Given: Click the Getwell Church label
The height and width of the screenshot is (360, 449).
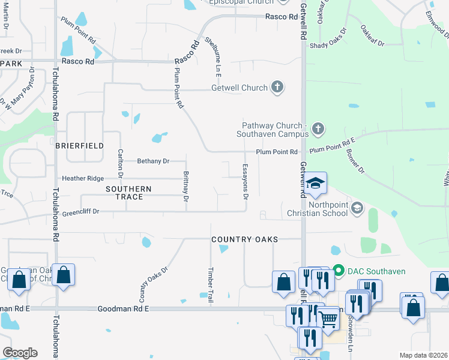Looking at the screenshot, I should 239,88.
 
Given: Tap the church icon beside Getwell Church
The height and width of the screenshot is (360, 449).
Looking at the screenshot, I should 277,88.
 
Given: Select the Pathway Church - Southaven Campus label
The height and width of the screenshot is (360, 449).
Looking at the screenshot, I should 274,130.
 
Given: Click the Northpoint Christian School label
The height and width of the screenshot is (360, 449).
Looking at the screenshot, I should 317,209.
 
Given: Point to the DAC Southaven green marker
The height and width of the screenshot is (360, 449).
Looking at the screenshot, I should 338,271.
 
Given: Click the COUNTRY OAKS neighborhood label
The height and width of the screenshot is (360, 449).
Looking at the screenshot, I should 245,239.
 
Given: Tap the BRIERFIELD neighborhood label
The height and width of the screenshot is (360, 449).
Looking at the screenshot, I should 80,146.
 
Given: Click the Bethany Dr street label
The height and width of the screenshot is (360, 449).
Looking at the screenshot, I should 154,161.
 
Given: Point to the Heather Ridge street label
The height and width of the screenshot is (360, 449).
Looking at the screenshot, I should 83,179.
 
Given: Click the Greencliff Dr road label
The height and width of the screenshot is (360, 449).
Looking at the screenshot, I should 80,212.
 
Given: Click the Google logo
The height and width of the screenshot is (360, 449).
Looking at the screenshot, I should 20,352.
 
